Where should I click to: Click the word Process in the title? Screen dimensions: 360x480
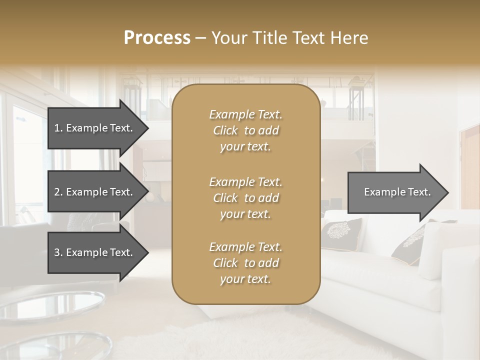pyautogui.click(x=157, y=37)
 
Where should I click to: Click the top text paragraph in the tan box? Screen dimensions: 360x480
pyautogui.click(x=245, y=130)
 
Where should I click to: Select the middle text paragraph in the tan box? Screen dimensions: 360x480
pyautogui.click(x=245, y=198)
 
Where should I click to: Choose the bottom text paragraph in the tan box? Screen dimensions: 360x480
pyautogui.click(x=245, y=263)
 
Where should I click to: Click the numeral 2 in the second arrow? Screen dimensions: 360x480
pyautogui.click(x=57, y=192)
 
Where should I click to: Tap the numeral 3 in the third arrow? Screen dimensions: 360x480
pyautogui.click(x=57, y=252)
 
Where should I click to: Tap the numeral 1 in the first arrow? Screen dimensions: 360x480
pyautogui.click(x=57, y=128)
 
